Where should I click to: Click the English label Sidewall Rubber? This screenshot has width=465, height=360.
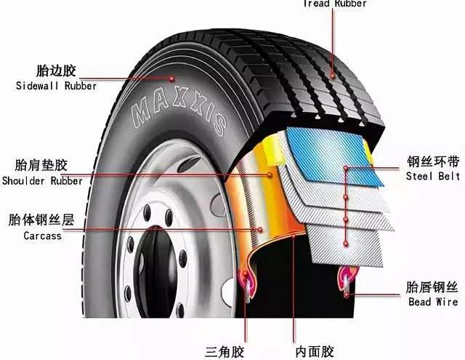pyautogui.click(x=57, y=86)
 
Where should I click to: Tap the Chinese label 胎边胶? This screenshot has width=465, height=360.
pyautogui.click(x=56, y=71)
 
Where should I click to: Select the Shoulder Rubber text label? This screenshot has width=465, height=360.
pyautogui.click(x=42, y=181)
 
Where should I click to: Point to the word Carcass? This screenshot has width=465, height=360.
pyautogui.click(x=43, y=236)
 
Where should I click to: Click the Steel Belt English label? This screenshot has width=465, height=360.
pyautogui.click(x=433, y=176)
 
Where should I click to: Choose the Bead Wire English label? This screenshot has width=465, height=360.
pyautogui.click(x=433, y=302)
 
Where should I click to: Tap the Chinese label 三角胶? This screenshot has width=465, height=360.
pyautogui.click(x=225, y=352)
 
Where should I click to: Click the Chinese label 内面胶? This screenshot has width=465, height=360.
pyautogui.click(x=315, y=352)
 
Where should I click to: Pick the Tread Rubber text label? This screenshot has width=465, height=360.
pyautogui.click(x=335, y=4)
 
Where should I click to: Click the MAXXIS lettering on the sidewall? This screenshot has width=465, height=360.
pyautogui.click(x=179, y=111)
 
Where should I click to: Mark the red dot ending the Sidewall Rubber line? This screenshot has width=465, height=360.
pyautogui.click(x=171, y=79)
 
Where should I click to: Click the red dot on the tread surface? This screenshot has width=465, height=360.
pyautogui.click(x=333, y=76)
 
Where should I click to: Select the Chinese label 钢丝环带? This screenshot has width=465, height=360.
pyautogui.click(x=433, y=161)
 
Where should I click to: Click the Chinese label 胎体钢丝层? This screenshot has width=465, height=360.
pyautogui.click(x=41, y=220)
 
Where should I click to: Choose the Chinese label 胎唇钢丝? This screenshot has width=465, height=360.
pyautogui.click(x=432, y=287)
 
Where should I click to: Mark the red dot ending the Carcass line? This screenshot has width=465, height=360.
pyautogui.click(x=260, y=229)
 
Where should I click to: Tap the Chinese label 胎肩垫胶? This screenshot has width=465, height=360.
pyautogui.click(x=41, y=165)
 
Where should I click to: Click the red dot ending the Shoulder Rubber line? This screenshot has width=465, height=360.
pyautogui.click(x=270, y=175)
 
